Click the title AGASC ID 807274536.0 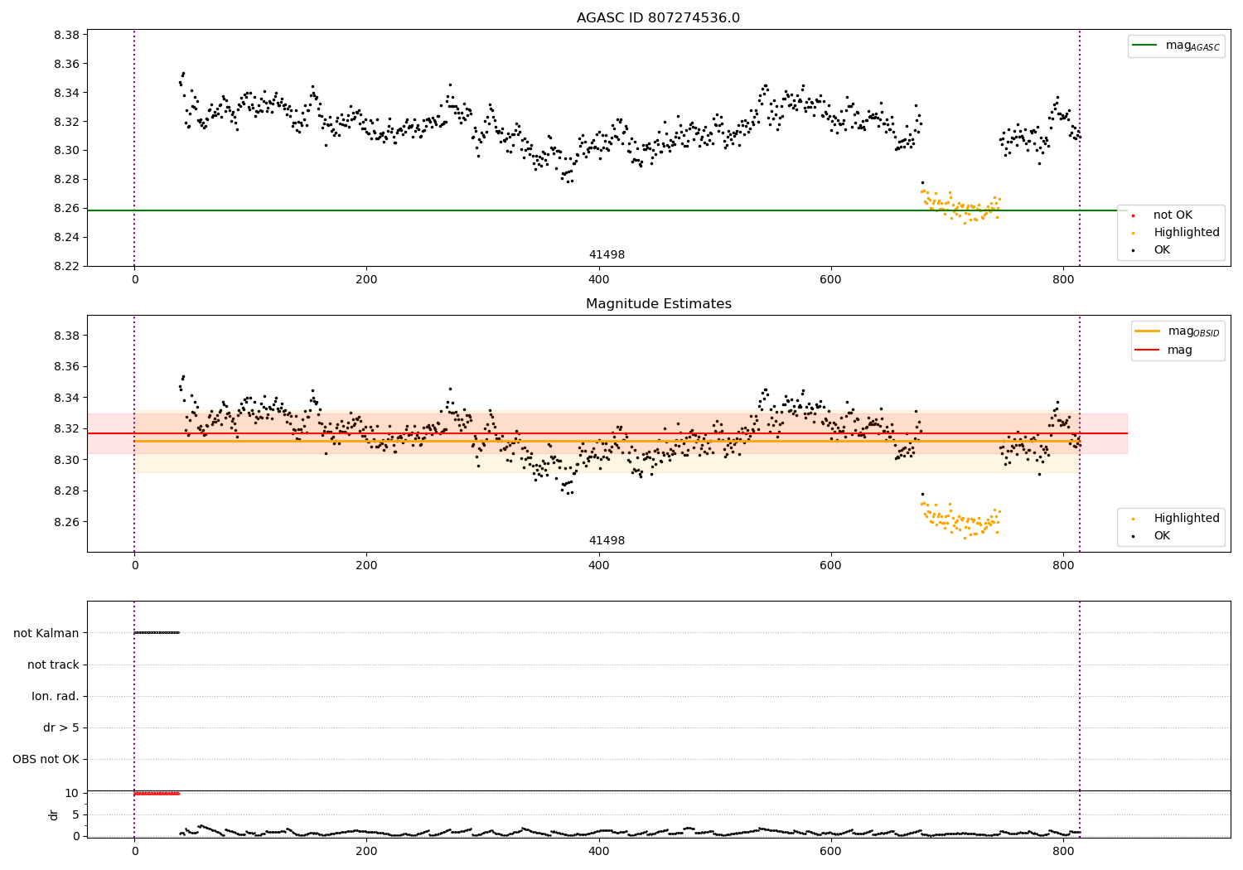point(658,17)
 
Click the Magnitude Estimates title point(658,303)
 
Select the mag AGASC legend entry point(1176,46)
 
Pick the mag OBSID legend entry point(1178,331)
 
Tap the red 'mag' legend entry point(1163,350)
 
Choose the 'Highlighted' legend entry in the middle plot point(1176,518)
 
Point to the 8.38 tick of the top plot point(66,35)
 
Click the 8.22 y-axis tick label point(66,266)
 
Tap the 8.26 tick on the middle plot point(66,522)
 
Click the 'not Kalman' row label point(46,633)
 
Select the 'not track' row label point(53,665)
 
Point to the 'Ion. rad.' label point(56,696)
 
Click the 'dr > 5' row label point(61,727)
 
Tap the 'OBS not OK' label point(46,759)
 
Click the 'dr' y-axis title point(53,814)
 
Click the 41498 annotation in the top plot point(607,254)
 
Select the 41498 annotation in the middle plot point(607,540)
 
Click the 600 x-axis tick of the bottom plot point(830,851)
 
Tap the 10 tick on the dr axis point(71,793)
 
